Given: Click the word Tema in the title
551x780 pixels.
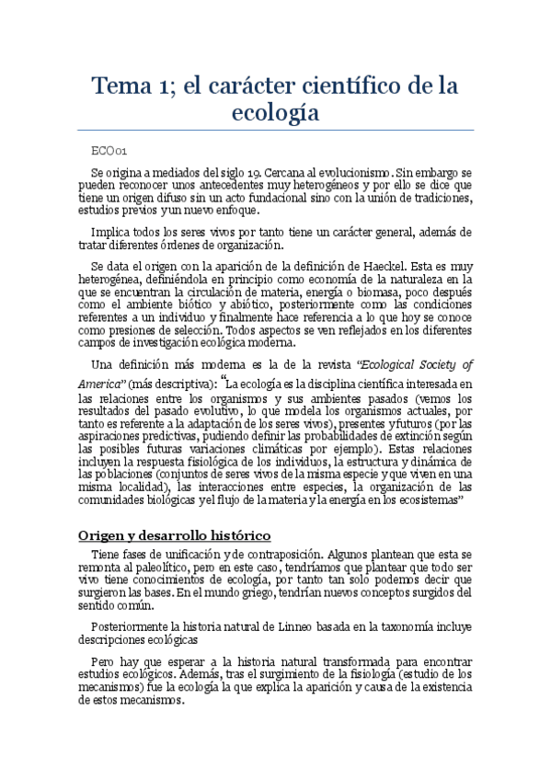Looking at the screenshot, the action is point(126,86).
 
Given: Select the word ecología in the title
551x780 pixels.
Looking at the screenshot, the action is point(276,115).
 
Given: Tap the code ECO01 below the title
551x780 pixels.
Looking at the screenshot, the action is point(109,150).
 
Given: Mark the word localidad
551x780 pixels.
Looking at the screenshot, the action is point(149,486).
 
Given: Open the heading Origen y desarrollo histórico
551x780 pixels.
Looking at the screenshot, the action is point(174,535).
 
